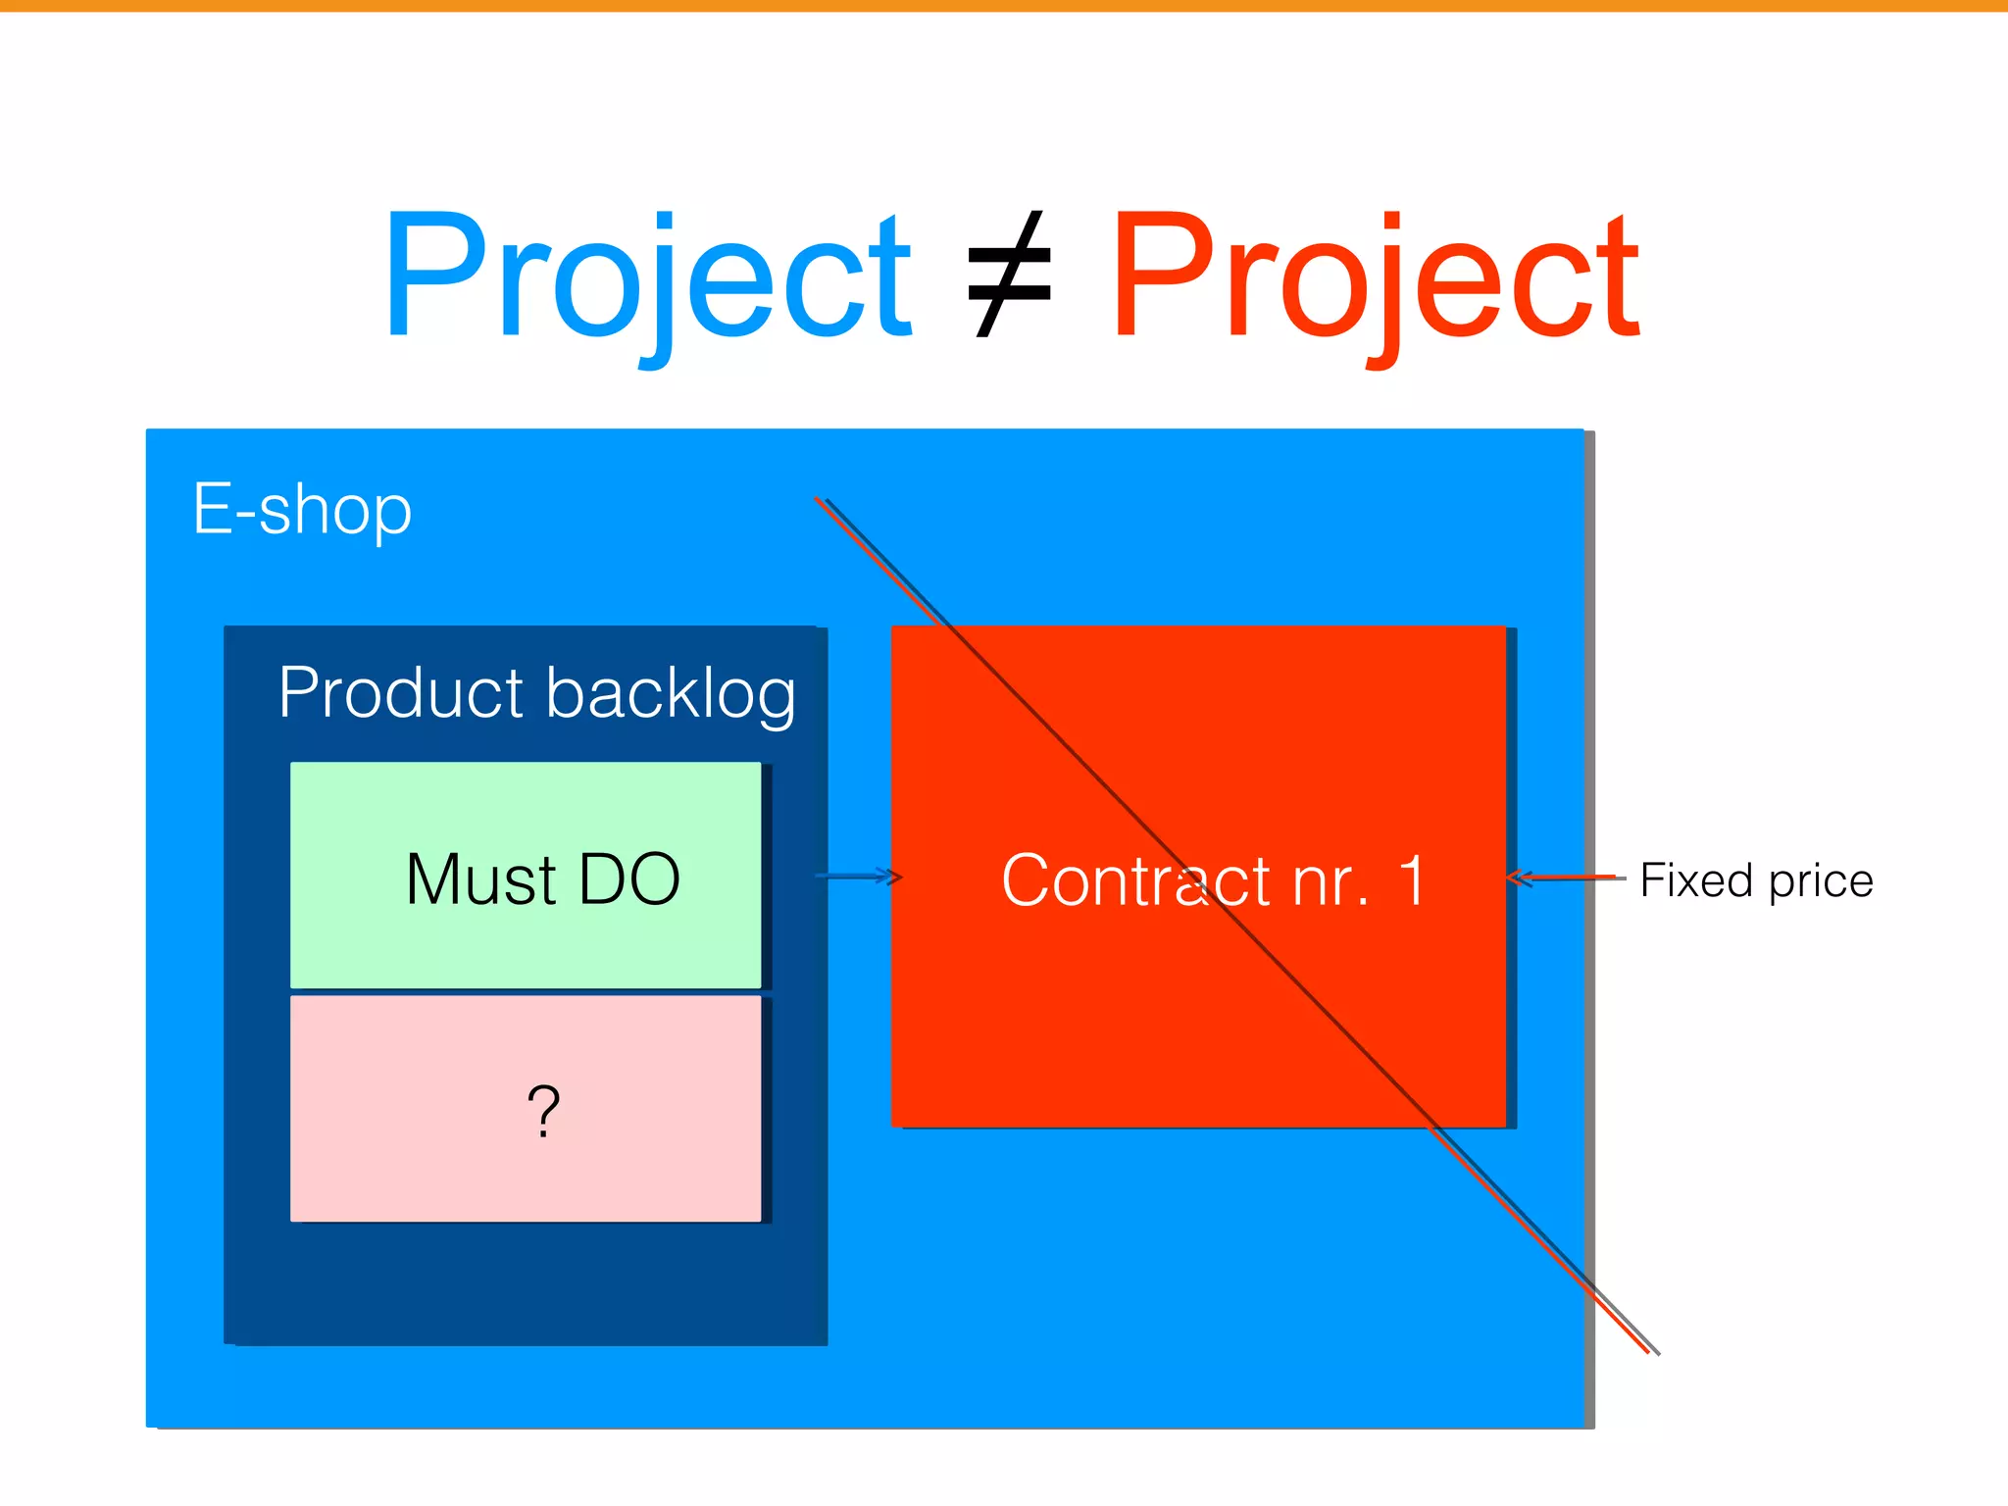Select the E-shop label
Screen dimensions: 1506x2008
[302, 510]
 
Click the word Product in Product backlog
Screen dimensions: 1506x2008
[402, 693]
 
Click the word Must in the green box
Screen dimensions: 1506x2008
[480, 879]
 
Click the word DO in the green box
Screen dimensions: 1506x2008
[629, 879]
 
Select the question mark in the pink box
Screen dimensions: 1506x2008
[543, 1111]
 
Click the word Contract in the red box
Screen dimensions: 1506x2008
[1135, 880]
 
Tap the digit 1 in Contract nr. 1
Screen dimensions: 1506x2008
[1411, 879]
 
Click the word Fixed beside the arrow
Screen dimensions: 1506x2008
[1696, 880]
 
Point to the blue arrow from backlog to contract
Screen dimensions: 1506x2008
[858, 876]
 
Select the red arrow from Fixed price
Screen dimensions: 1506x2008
[1564, 878]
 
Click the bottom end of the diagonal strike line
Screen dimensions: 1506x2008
[1652, 1351]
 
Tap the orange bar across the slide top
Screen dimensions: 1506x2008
[1004, 6]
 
